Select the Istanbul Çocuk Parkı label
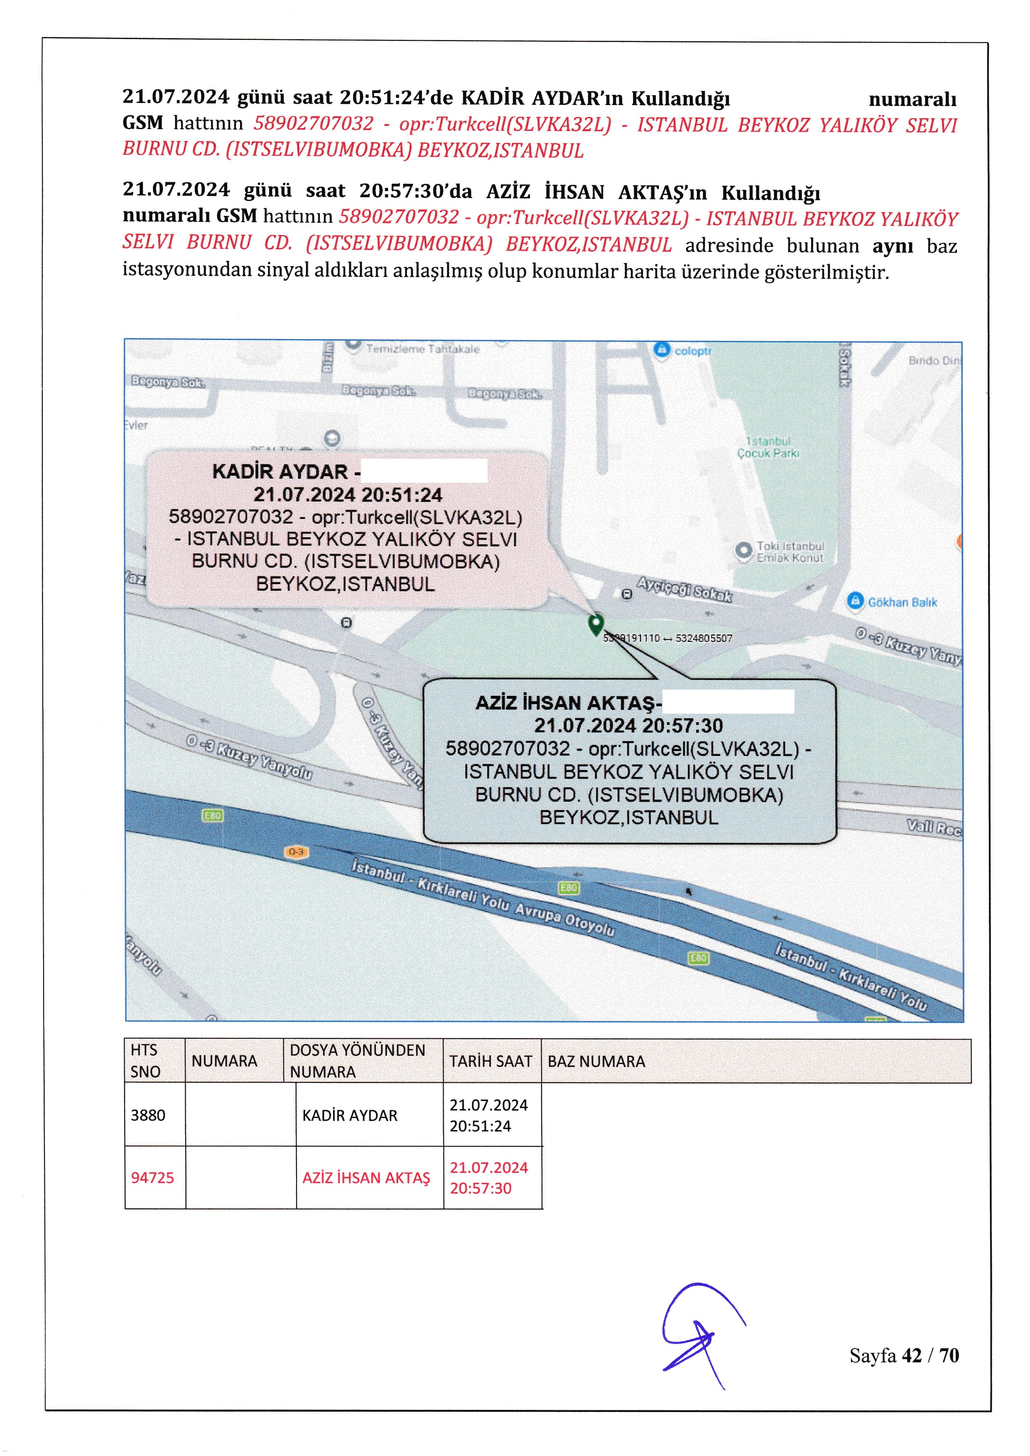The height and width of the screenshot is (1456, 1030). tap(768, 447)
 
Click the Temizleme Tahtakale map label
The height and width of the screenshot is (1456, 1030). tap(422, 349)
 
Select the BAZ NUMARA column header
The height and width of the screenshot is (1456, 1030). tap(596, 1062)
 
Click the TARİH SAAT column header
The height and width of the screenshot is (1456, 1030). tap(491, 1062)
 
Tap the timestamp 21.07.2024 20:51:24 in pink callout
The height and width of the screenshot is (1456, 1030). tap(348, 494)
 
